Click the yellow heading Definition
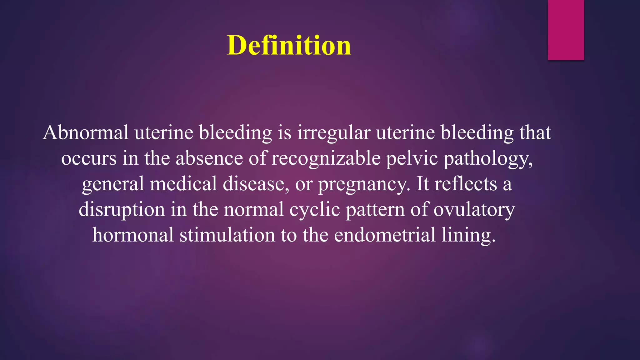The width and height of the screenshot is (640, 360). tap(289, 46)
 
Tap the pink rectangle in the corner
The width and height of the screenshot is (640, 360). tap(566, 30)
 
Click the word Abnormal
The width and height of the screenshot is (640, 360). tap(86, 132)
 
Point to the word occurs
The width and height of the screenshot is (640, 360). tap(89, 159)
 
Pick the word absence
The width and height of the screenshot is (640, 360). tap(209, 158)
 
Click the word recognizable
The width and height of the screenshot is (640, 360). tap(326, 159)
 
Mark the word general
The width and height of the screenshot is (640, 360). tap(113, 184)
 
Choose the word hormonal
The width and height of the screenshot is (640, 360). tap(133, 235)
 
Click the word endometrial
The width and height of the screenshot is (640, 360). tap(385, 235)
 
